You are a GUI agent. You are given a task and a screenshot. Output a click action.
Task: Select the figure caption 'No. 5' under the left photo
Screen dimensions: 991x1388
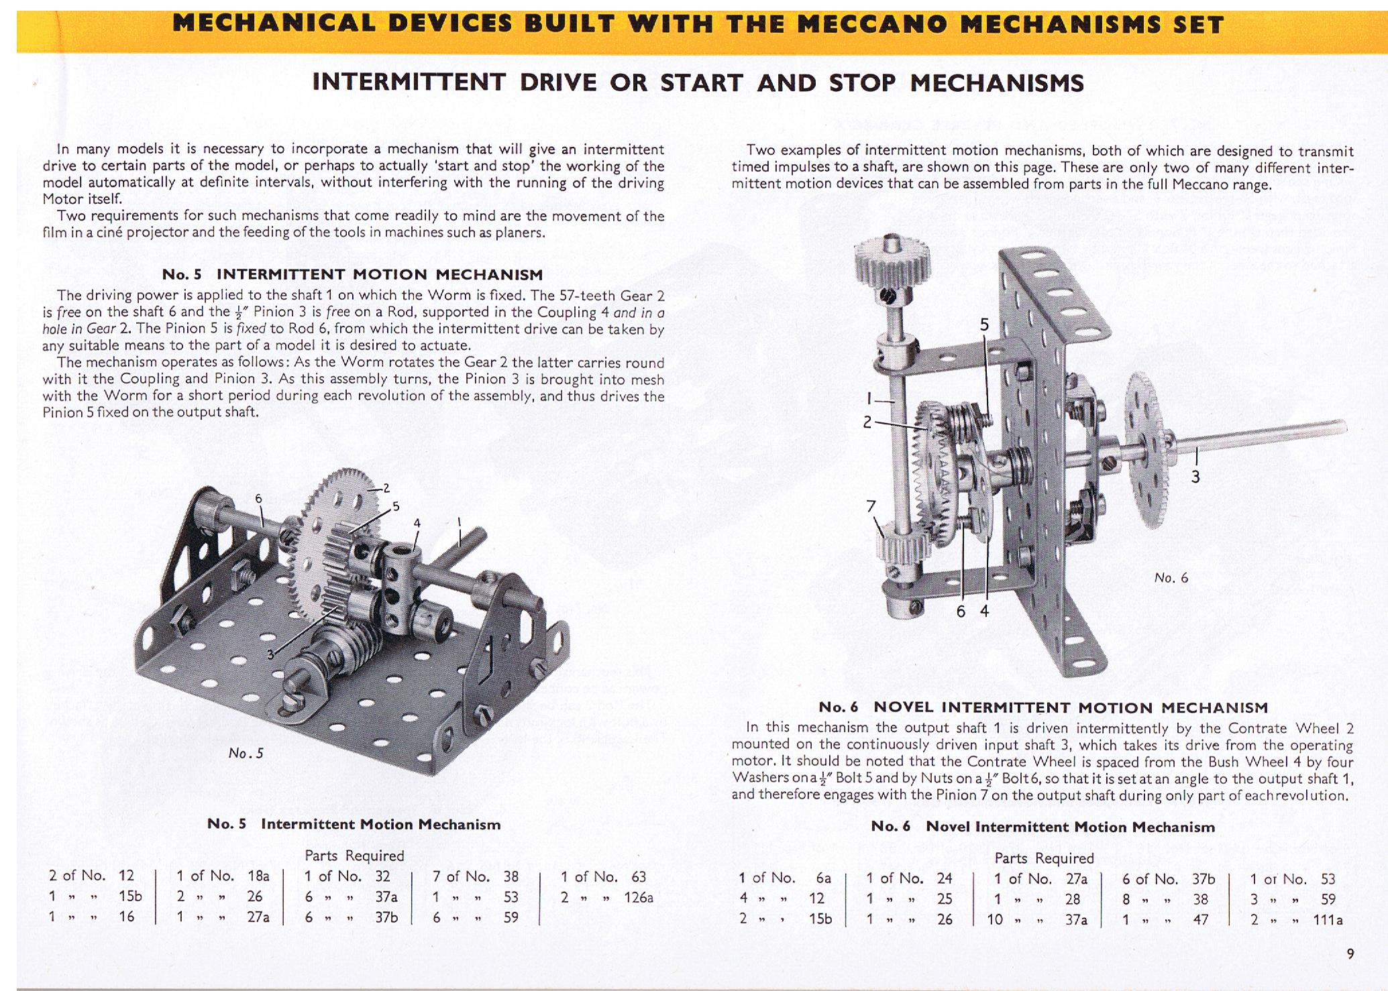246,754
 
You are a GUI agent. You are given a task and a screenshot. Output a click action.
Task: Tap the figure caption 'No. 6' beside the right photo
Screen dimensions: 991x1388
1171,578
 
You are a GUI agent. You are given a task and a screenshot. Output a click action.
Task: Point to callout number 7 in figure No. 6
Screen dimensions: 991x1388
871,507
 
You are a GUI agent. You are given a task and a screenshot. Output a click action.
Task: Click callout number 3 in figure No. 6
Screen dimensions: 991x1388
1195,477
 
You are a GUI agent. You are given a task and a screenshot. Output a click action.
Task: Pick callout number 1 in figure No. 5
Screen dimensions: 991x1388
460,522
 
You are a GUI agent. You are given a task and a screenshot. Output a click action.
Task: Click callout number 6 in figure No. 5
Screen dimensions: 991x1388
258,498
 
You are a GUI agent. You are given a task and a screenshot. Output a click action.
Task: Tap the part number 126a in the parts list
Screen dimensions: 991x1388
638,897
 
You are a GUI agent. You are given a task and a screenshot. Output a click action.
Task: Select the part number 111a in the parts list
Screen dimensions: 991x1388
1328,920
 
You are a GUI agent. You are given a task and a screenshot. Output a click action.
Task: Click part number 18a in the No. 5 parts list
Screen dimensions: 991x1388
258,876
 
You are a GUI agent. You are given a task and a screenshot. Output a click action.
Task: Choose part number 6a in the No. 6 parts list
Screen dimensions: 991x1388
823,878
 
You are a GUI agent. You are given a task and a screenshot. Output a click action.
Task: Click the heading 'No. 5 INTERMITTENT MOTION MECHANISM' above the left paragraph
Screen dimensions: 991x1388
352,274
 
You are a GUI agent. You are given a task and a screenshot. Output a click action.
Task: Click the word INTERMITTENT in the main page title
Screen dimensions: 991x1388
409,83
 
